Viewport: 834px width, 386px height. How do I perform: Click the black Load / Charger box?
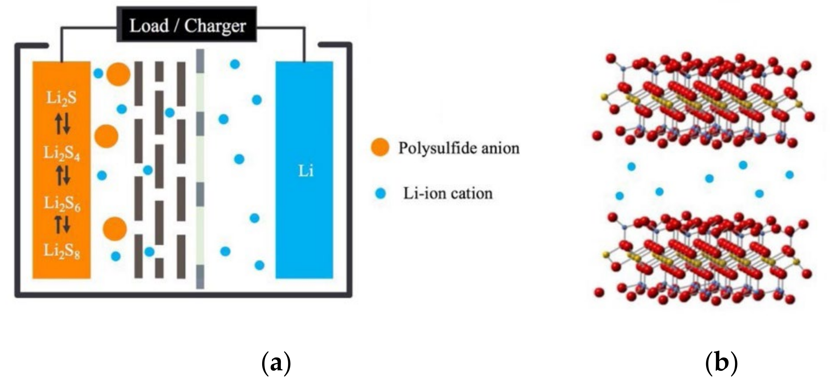(x=187, y=25)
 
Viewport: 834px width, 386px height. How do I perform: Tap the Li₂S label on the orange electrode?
(x=61, y=97)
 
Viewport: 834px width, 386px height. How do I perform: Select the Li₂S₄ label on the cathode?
(x=61, y=153)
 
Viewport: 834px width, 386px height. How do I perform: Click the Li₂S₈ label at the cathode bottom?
(x=61, y=251)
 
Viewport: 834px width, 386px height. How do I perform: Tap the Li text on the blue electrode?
(x=306, y=171)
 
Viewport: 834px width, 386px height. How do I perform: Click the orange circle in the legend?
(x=380, y=147)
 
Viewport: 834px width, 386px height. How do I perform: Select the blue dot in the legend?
(x=381, y=194)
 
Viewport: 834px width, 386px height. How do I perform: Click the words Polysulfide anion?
(x=459, y=148)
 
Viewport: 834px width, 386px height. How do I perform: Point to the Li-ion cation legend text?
(x=448, y=194)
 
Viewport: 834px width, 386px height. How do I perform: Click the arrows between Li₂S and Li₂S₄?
(x=62, y=125)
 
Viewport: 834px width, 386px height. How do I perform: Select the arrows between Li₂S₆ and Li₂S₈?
(x=62, y=224)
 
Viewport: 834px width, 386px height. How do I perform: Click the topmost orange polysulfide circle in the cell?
(x=118, y=74)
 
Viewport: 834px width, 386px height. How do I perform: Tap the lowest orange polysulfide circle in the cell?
(x=115, y=229)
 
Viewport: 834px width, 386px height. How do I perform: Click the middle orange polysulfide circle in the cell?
(x=106, y=136)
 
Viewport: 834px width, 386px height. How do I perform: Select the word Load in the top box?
(x=149, y=25)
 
